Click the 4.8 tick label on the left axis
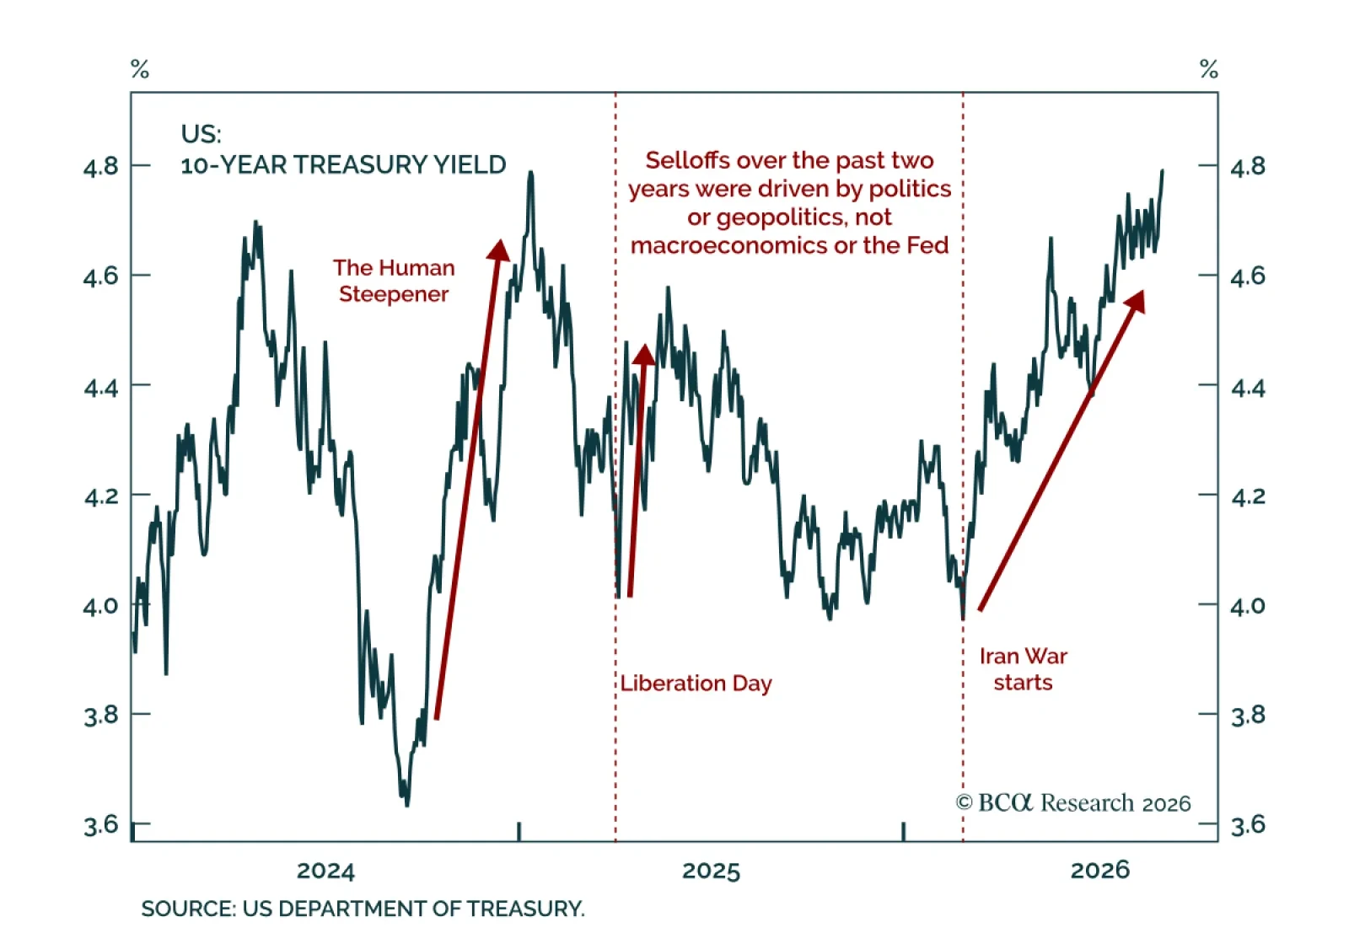pyautogui.click(x=101, y=166)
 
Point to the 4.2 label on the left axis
pyautogui.click(x=101, y=496)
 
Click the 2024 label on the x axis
pyautogui.click(x=325, y=871)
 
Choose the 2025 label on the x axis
pyautogui.click(x=712, y=871)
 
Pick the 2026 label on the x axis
pyautogui.click(x=1100, y=871)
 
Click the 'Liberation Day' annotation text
pyautogui.click(x=696, y=684)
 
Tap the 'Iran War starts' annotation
pyautogui.click(x=1024, y=669)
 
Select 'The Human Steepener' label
pyautogui.click(x=394, y=282)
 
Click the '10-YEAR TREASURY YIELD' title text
pyautogui.click(x=343, y=165)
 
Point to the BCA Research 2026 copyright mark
pyautogui.click(x=1073, y=803)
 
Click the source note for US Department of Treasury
pyautogui.click(x=363, y=909)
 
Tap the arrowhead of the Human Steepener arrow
pyautogui.click(x=498, y=250)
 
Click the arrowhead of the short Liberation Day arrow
pyautogui.click(x=644, y=355)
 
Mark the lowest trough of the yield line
pyautogui.click(x=408, y=806)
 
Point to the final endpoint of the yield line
pyautogui.click(x=1163, y=171)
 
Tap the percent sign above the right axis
pyautogui.click(x=1209, y=69)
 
